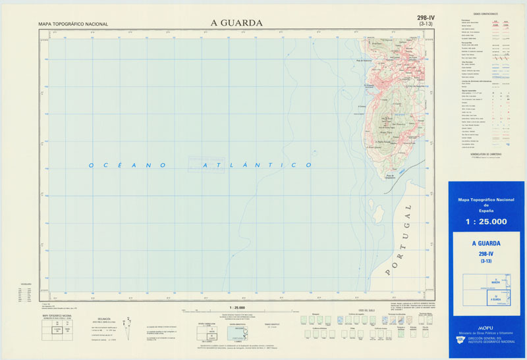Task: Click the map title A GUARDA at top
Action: tap(236, 22)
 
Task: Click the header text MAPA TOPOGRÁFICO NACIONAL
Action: tap(73, 24)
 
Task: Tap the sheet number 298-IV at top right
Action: tap(426, 18)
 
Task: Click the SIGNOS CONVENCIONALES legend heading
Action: tap(485, 13)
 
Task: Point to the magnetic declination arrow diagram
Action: tap(129, 324)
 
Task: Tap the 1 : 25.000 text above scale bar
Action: tap(236, 308)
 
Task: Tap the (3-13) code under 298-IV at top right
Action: tap(426, 24)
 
